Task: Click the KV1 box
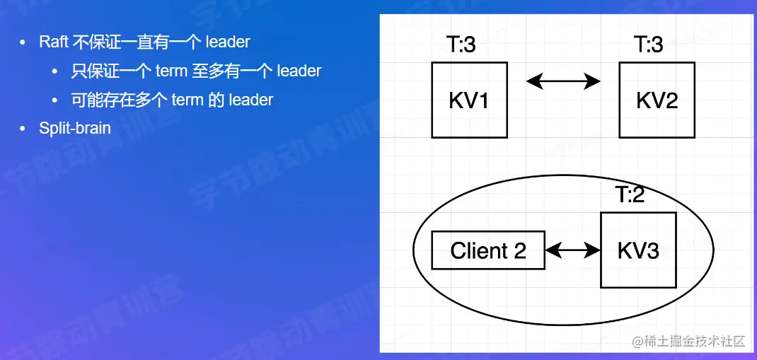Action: coord(469,100)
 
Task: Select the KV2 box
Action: coord(657,100)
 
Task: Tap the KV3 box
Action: coord(638,250)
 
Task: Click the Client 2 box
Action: coord(488,250)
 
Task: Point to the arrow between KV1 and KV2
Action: coord(563,81)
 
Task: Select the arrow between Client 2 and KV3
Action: coord(572,250)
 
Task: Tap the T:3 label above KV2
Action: coord(648,45)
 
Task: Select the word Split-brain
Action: coord(75,128)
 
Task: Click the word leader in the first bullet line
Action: coord(227,42)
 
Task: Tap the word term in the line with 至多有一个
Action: coord(171,71)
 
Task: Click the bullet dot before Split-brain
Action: coord(22,129)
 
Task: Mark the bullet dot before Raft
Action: coord(22,42)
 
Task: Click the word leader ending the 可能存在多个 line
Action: coord(251,100)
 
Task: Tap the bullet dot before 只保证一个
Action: coord(54,71)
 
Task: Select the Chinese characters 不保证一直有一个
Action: coord(137,42)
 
